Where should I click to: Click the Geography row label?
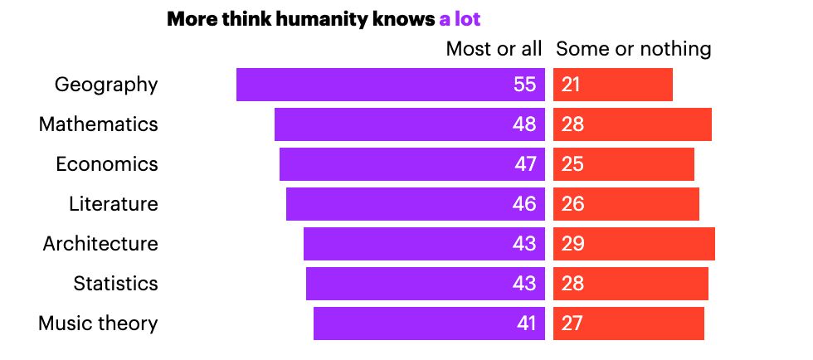pos(106,85)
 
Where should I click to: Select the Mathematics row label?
pos(98,124)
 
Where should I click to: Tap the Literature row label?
pos(113,204)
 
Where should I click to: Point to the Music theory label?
pos(98,324)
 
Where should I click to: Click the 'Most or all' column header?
pos(494,49)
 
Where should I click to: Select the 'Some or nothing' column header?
pos(633,49)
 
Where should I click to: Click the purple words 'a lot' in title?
pos(460,19)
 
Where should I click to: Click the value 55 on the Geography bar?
pos(524,85)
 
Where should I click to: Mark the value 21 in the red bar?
pos(570,85)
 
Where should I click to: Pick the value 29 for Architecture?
pos(572,244)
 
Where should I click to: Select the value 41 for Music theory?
pos(526,324)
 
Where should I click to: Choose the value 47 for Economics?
pos(525,164)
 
